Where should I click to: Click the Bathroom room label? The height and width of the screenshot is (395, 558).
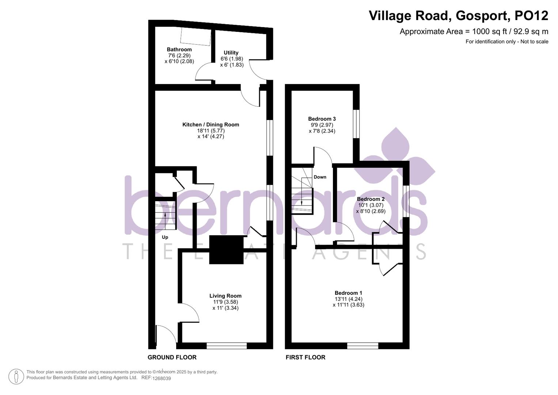[179, 49]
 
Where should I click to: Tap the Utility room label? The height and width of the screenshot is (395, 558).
[231, 53]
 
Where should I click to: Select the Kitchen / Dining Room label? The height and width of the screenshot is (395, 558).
[210, 125]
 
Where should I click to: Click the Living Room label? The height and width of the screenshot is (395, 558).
[225, 296]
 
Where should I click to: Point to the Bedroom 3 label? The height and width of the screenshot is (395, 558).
[322, 119]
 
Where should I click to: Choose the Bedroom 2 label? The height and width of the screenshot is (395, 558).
[371, 199]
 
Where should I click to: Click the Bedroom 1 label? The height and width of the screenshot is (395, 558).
[348, 293]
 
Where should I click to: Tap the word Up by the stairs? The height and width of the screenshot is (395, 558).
[165, 237]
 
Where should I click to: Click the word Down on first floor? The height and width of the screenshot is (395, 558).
[320, 177]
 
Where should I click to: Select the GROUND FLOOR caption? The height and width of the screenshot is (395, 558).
[172, 357]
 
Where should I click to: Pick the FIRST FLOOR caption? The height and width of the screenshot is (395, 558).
[305, 357]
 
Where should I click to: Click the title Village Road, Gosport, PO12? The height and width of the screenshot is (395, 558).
[458, 16]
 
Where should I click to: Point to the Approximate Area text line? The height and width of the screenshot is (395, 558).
[474, 31]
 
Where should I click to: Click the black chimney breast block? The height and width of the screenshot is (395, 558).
[226, 250]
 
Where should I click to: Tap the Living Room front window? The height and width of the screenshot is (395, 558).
[227, 346]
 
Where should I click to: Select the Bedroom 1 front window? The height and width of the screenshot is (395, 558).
[362, 346]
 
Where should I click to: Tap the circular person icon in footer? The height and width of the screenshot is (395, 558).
[16, 376]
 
